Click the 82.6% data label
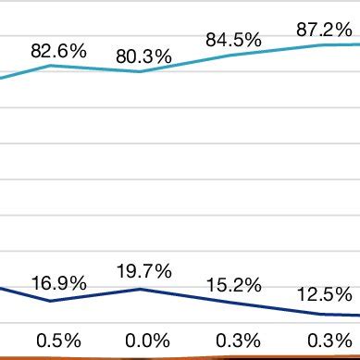(58, 51)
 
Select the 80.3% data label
(143, 57)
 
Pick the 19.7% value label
(143, 271)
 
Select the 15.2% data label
(233, 285)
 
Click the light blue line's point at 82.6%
(51, 66)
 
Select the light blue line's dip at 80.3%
(140, 71)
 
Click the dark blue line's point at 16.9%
(51, 301)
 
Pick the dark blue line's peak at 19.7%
(140, 289)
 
